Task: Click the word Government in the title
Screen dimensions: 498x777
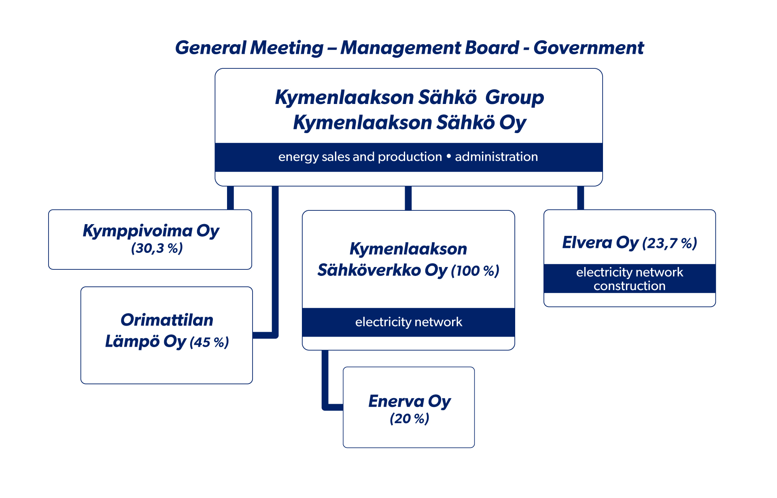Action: click(588, 48)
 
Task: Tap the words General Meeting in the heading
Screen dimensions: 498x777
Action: click(249, 48)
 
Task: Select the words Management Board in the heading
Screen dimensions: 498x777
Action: click(429, 48)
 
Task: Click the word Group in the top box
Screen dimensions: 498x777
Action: click(514, 97)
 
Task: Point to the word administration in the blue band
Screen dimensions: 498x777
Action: click(496, 157)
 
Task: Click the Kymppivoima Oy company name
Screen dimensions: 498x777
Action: click(151, 231)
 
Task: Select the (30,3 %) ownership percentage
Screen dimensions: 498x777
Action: click(157, 248)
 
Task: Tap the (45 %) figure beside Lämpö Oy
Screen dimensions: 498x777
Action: click(209, 342)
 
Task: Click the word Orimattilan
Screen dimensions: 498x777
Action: click(167, 320)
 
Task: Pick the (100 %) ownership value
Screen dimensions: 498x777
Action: click(475, 271)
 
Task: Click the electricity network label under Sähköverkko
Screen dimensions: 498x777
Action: click(408, 322)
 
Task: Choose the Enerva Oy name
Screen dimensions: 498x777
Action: click(409, 401)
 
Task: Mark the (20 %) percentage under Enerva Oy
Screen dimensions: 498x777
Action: click(409, 419)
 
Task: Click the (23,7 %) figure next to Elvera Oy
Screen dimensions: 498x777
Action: click(669, 243)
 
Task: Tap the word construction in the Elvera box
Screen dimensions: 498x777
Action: click(629, 286)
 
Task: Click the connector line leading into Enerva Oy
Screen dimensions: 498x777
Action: click(325, 388)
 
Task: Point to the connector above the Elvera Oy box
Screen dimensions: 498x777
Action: click(580, 198)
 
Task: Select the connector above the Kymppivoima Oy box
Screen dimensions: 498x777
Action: click(230, 198)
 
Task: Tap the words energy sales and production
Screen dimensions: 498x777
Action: click(360, 157)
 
